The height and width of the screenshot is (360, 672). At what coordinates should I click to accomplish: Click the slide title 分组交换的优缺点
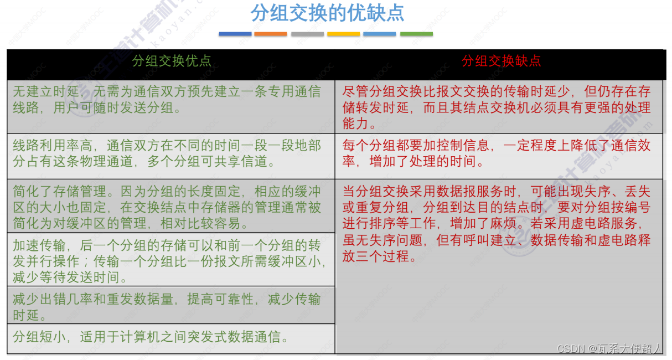(x=327, y=13)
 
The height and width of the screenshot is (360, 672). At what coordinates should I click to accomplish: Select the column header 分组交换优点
(x=172, y=61)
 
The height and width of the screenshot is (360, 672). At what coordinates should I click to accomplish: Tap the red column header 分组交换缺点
(x=501, y=61)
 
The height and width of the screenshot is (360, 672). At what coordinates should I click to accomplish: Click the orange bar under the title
(x=271, y=34)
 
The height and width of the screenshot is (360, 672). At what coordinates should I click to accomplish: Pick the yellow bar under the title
(x=343, y=34)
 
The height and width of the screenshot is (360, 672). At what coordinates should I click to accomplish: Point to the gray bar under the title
(x=307, y=34)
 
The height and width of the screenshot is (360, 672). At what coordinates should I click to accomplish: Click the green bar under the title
(x=416, y=34)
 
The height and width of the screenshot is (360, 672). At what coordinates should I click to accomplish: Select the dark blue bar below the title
(x=235, y=34)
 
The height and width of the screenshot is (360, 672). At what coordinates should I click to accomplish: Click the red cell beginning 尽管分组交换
(x=498, y=107)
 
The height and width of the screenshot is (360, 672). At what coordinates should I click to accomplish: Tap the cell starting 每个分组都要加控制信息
(x=498, y=153)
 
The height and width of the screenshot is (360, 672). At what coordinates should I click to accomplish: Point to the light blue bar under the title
(x=380, y=34)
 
